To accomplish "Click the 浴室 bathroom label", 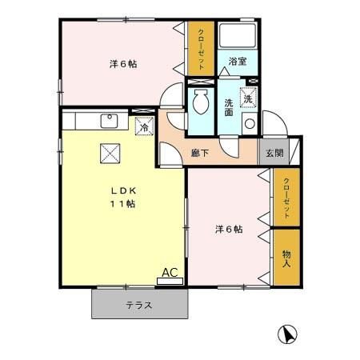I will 237,62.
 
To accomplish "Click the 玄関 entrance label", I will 274,152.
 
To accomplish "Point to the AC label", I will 169,272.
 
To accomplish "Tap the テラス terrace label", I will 139,305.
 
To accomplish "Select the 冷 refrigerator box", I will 144,126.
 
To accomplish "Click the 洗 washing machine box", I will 248,99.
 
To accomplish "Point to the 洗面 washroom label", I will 229,107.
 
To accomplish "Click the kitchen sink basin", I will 108,122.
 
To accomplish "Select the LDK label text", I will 122,190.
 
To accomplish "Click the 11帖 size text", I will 122,204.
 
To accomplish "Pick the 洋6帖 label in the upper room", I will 122,64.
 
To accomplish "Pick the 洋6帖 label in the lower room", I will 229,230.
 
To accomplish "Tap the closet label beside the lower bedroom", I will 286,198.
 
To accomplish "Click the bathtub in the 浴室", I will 237,36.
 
